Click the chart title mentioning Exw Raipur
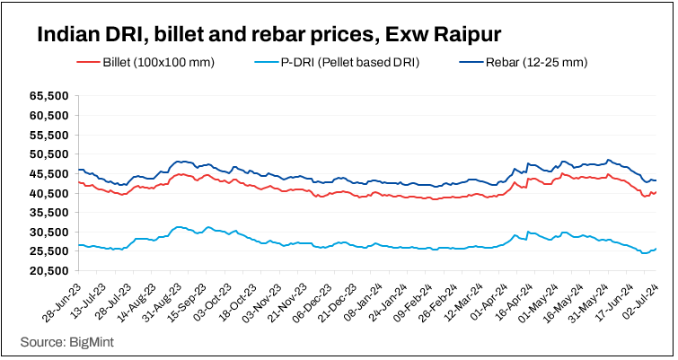point(268,36)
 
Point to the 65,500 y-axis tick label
point(50,96)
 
